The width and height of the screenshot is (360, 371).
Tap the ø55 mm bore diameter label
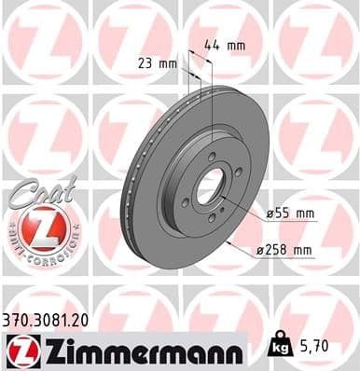click(x=292, y=214)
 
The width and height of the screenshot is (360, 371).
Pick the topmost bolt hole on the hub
click(x=212, y=156)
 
